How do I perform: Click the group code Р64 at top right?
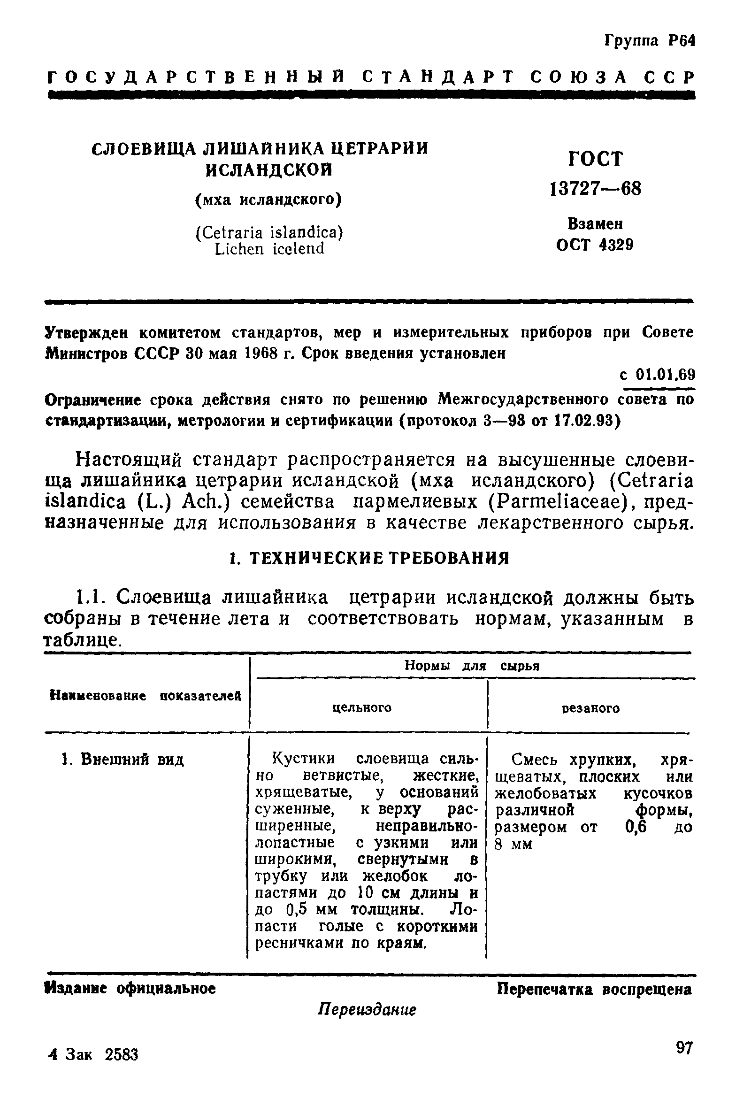point(681,41)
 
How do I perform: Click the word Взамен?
point(595,223)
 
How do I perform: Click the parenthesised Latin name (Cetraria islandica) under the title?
point(269,233)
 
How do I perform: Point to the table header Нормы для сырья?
point(472,666)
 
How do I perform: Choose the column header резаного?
point(590,708)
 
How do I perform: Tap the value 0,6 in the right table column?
point(636,827)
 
